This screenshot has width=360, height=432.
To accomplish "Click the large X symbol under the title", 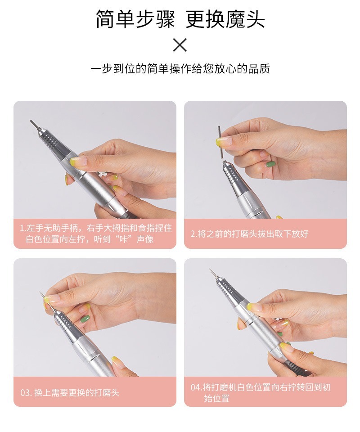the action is click(180, 45).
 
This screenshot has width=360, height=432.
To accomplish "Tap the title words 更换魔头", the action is click(225, 19).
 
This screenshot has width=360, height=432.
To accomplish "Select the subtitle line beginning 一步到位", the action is click(180, 68).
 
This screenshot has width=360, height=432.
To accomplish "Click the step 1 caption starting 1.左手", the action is click(95, 234).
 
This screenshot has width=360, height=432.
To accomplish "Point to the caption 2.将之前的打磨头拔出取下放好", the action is click(249, 234).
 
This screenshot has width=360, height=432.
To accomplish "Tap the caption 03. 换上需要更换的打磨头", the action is click(70, 392).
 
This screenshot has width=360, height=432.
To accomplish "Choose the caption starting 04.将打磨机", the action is click(260, 392).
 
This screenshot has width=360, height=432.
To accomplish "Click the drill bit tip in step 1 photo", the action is click(31, 121).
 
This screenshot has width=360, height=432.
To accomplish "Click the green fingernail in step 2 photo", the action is click(269, 165).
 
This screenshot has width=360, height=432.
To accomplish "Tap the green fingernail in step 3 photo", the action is click(85, 319).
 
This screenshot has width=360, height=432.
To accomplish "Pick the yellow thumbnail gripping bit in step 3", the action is click(49, 300).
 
